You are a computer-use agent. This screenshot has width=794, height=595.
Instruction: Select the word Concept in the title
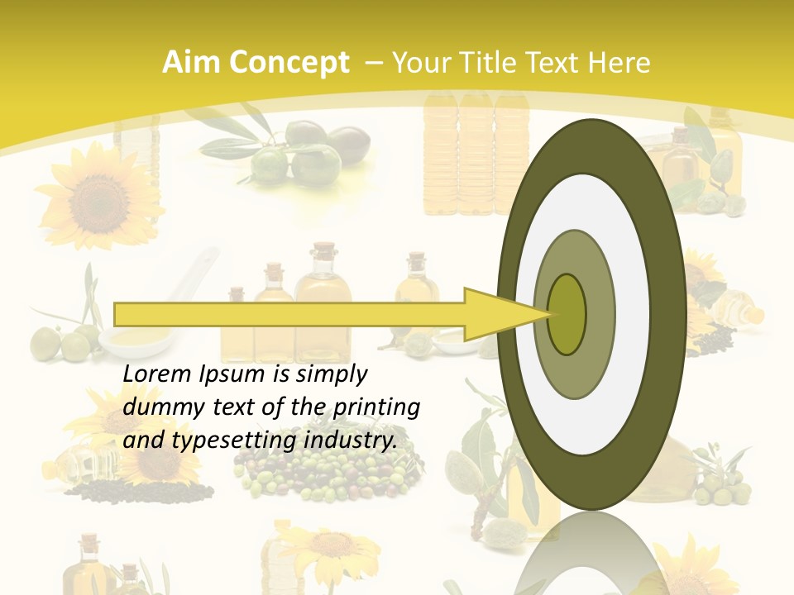(289, 63)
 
